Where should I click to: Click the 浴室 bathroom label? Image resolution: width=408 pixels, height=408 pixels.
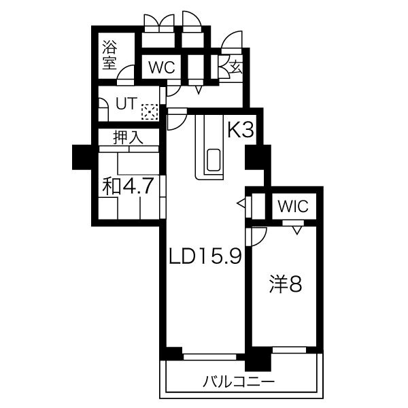(109, 54)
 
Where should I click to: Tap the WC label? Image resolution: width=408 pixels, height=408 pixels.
(161, 67)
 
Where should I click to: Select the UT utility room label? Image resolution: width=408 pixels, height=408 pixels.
(126, 103)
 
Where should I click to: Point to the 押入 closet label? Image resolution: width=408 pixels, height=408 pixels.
(128, 137)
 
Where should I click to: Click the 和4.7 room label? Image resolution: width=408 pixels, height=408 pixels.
(127, 186)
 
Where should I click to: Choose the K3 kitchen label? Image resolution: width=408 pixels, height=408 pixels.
(241, 129)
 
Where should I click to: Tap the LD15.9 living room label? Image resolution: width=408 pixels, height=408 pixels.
(205, 256)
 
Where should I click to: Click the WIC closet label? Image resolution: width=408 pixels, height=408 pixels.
(293, 206)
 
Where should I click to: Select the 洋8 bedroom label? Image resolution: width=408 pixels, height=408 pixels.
(286, 284)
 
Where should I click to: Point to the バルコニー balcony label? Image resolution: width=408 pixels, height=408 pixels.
(239, 381)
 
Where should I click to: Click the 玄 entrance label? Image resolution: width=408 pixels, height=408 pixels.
(235, 67)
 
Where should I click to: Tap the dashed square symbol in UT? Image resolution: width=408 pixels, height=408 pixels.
(150, 112)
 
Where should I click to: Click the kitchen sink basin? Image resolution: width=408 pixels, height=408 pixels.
(214, 160)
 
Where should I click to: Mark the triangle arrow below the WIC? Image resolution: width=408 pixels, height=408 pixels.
(297, 230)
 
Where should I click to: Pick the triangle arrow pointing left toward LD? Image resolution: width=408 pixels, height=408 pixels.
(241, 203)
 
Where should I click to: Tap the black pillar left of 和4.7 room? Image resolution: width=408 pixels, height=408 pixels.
(82, 157)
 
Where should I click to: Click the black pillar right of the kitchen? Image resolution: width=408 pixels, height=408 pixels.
(258, 158)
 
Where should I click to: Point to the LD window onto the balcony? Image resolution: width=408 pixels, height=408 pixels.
(209, 357)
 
